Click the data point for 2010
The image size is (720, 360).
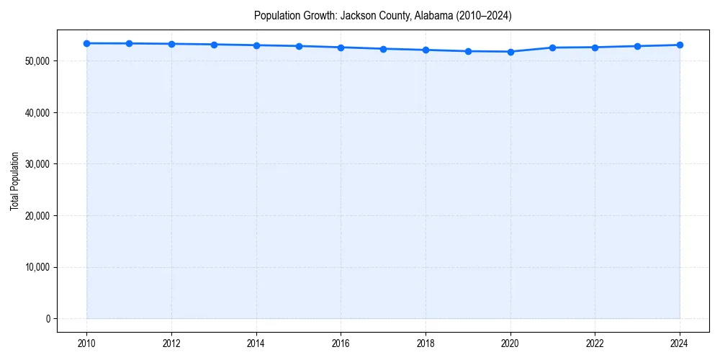[x=86, y=43]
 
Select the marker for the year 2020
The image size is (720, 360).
[x=510, y=52]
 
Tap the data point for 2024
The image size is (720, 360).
[x=680, y=45]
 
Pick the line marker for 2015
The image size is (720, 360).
[x=299, y=46]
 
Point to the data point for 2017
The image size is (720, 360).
[x=383, y=49]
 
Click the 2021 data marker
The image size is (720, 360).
[x=552, y=48]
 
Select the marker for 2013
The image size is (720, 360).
[x=214, y=45]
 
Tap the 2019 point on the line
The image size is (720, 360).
[x=468, y=51]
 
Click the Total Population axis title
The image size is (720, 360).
[x=14, y=181]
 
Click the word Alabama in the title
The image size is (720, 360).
[x=432, y=16]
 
